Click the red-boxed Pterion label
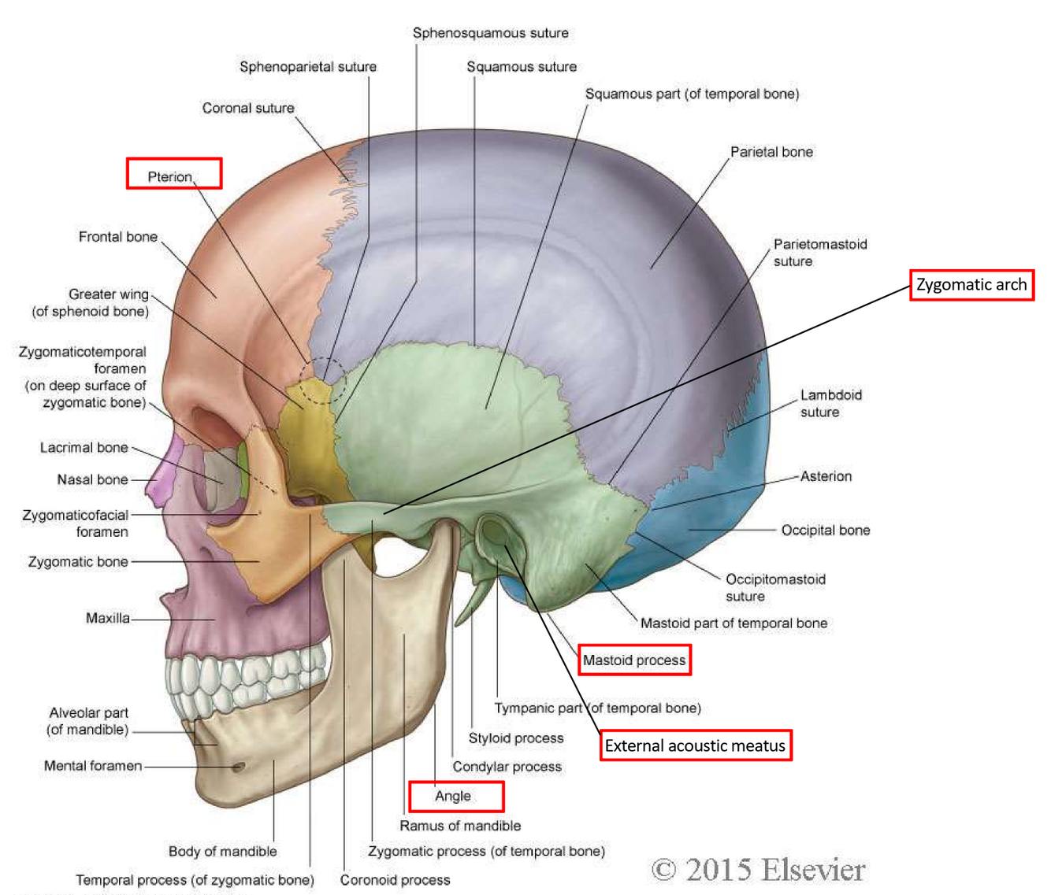(x=173, y=174)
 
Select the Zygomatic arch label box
(x=971, y=285)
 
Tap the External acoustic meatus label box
(x=696, y=745)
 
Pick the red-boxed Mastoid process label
(x=634, y=660)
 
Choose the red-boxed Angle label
(x=455, y=797)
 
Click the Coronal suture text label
(x=248, y=108)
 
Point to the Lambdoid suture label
(x=830, y=403)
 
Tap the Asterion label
(x=826, y=476)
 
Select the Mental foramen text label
(x=93, y=766)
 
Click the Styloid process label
(x=516, y=738)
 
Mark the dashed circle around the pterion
(x=321, y=381)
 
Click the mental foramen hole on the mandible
(x=238, y=767)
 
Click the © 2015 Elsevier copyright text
(x=758, y=870)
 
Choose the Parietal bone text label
(x=771, y=152)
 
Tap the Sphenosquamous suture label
(x=490, y=33)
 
